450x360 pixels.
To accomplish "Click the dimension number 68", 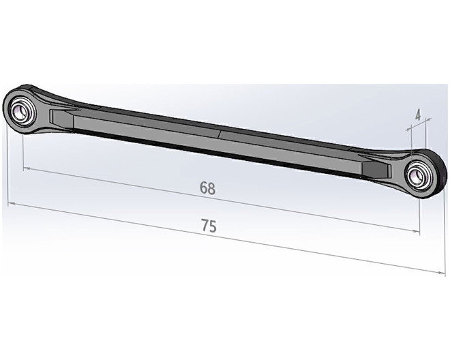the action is [x=207, y=188].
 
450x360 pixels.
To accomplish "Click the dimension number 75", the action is [x=209, y=226].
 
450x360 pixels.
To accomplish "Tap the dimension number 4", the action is [x=418, y=115].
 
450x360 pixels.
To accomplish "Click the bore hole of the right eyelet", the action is [x=415, y=175].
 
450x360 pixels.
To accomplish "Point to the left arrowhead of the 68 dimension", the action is [x=27, y=169].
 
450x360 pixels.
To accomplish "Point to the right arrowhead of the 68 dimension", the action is [x=416, y=231].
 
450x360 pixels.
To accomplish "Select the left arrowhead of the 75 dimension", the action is [x=11, y=204].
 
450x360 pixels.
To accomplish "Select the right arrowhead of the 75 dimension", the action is [x=442, y=273].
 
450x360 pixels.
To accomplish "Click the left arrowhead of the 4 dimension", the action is [x=408, y=130].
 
